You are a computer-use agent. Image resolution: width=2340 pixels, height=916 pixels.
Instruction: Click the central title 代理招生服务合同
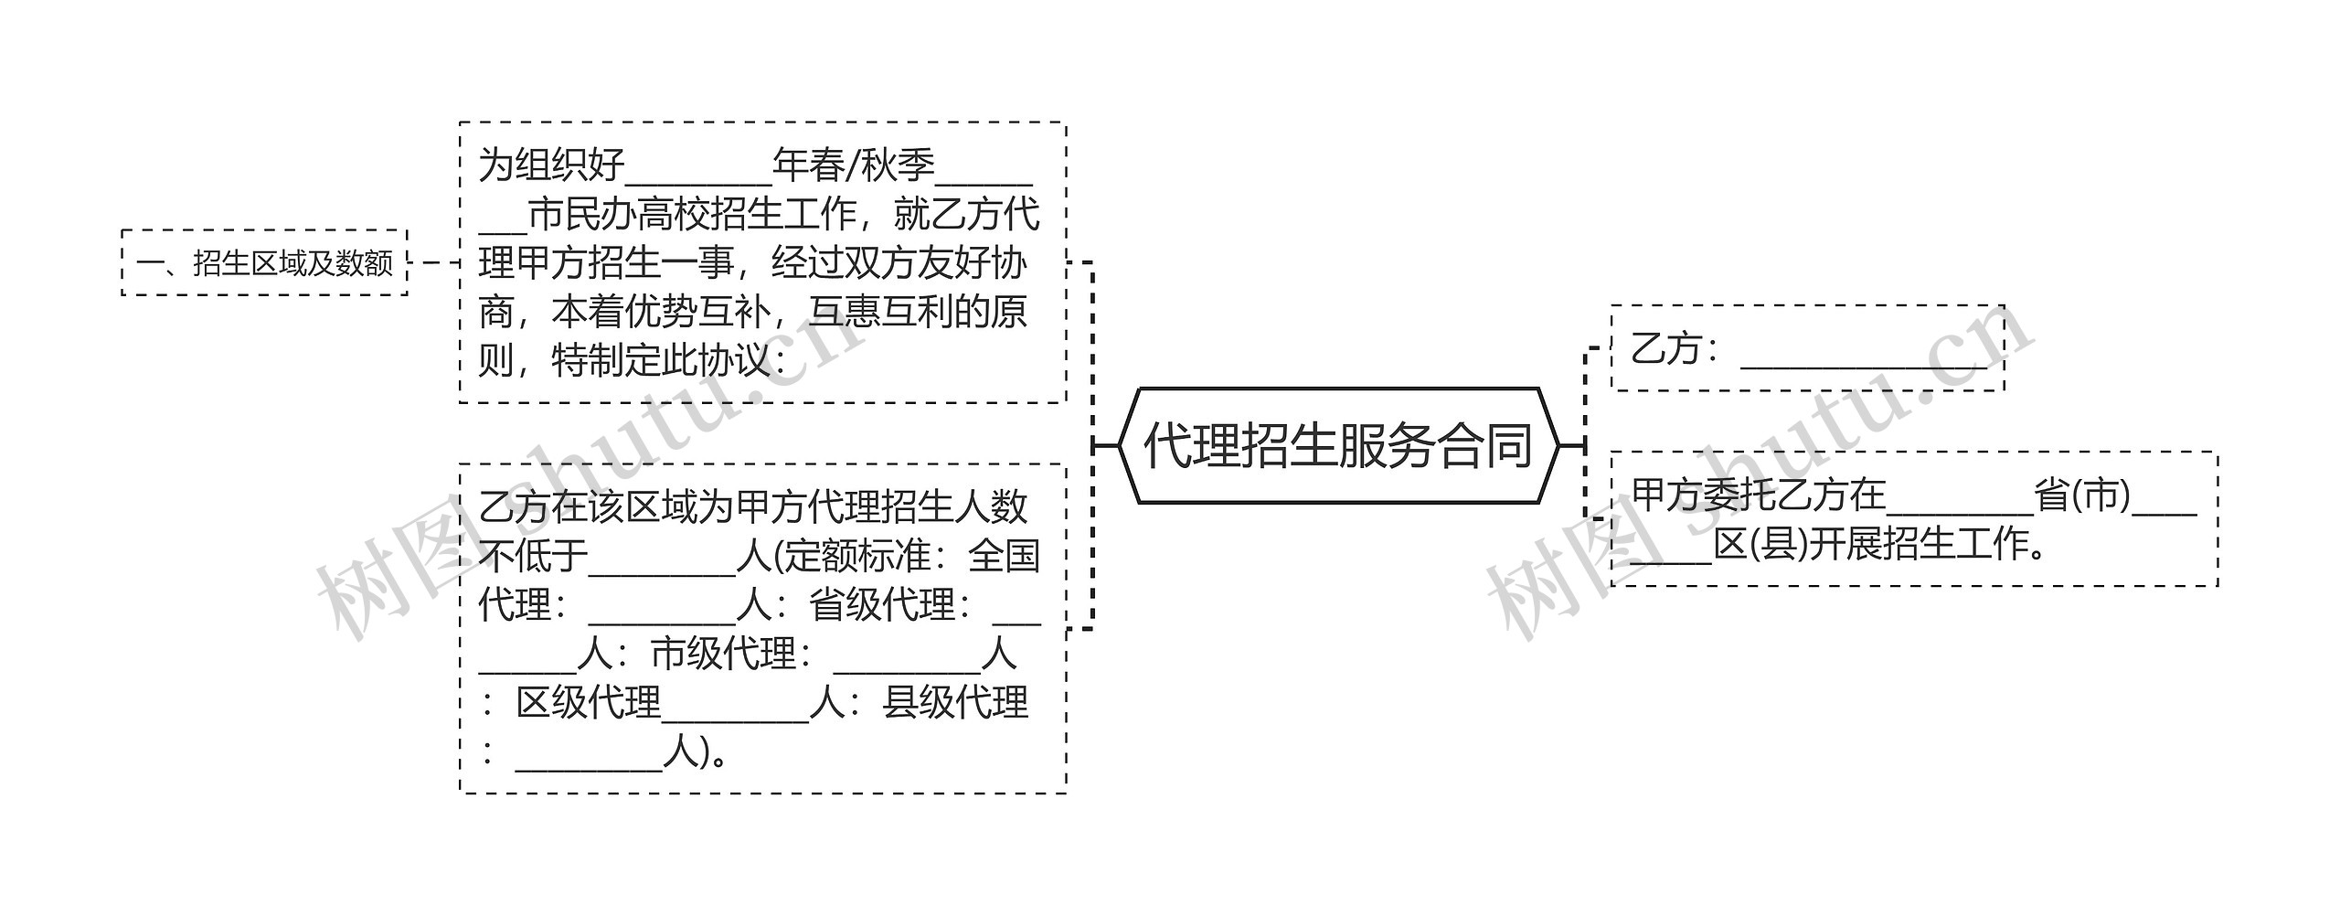click(1338, 446)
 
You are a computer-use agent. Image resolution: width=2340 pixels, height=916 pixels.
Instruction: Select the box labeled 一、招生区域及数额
click(264, 263)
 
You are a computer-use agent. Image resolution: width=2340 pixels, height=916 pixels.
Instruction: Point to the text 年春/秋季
click(854, 165)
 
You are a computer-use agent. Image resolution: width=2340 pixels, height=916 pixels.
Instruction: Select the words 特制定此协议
click(661, 361)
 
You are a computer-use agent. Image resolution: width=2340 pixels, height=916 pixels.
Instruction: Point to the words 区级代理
click(588, 703)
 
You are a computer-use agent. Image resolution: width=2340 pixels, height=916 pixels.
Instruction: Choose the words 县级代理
click(955, 703)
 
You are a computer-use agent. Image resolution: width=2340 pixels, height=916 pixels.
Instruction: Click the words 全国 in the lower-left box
click(1003, 556)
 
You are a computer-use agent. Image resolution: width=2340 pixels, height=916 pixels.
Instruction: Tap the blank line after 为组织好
click(698, 169)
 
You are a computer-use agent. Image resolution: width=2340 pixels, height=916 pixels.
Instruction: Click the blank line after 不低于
click(662, 559)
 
